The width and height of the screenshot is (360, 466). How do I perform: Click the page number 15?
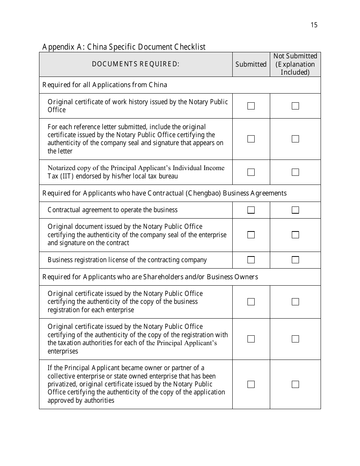314,25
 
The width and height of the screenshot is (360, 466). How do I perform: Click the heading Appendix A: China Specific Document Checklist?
124,47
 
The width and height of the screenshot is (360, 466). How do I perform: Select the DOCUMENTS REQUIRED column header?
136,64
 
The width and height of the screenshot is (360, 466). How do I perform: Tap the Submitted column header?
251,64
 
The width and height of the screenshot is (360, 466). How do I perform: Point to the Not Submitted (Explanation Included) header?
295,64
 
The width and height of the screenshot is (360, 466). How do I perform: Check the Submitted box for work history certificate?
251,106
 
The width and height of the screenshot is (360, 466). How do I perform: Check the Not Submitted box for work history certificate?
295,106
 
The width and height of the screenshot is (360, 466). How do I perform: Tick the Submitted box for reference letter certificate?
251,139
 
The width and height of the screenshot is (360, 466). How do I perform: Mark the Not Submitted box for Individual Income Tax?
295,172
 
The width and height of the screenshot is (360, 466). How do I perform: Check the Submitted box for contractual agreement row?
251,210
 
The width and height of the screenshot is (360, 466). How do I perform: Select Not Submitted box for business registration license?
295,260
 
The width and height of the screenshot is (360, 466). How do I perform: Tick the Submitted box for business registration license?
251,260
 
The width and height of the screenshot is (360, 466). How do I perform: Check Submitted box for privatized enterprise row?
251,385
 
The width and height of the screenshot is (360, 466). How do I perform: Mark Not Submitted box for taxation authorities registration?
295,339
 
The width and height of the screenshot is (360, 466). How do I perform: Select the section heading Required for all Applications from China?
105,85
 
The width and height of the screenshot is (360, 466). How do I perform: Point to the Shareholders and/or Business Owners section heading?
150,277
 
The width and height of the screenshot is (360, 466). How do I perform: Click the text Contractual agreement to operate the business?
113,210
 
